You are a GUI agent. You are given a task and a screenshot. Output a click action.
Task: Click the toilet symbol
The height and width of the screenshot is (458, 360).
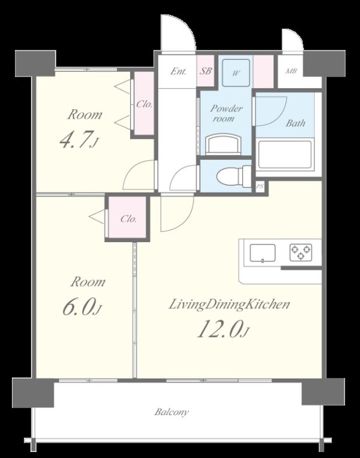tap(234, 176)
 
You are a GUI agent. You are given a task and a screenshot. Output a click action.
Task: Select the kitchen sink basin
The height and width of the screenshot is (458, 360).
tap(262, 253)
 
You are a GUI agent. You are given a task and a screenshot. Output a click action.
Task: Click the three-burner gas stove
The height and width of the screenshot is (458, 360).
tap(301, 252)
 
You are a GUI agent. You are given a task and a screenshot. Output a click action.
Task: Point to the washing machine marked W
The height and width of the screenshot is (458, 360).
tap(236, 73)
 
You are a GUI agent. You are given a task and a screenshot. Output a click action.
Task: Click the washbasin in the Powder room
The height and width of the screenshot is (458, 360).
tap(223, 144)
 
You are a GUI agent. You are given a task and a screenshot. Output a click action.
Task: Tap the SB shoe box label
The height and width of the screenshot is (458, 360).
tap(206, 71)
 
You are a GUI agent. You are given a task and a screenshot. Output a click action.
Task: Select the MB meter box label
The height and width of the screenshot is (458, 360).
tap(291, 71)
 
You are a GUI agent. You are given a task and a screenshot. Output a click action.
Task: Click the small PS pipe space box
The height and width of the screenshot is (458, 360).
tap(260, 186)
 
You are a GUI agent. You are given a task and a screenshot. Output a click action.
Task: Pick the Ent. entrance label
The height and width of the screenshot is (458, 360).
tap(178, 71)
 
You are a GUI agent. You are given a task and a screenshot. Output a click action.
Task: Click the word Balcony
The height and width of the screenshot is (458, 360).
tap(172, 412)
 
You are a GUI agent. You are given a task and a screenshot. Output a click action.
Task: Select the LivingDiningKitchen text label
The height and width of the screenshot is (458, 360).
tap(229, 305)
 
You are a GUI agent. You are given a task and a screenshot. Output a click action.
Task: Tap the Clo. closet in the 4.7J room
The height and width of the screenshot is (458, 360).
tap(144, 103)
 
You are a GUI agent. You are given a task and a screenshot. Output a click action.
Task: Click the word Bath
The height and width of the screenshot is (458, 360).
tap(295, 123)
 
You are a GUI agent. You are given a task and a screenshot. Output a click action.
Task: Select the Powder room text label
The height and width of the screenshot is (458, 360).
tap(226, 113)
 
